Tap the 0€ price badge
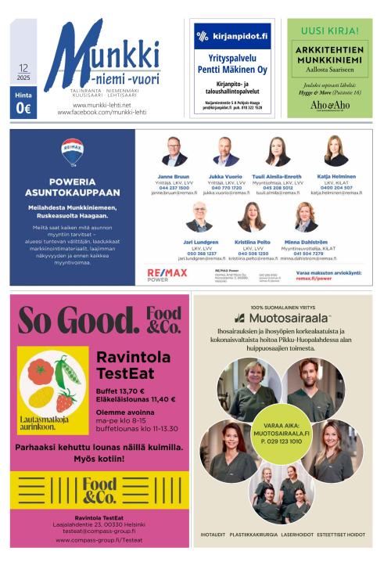23,109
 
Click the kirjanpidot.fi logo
232,36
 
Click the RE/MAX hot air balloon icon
72,152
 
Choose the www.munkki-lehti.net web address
102,105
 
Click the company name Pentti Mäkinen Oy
232,70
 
